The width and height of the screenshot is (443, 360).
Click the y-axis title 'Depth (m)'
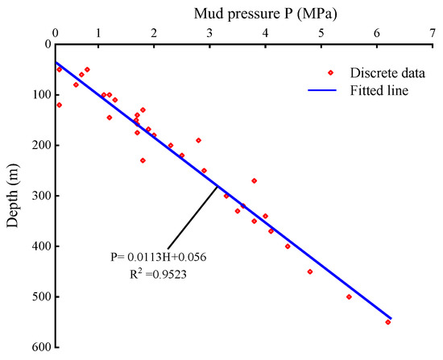tap(14, 196)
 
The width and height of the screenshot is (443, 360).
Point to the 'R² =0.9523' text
tap(156, 274)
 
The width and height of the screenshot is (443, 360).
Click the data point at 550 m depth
tap(387, 322)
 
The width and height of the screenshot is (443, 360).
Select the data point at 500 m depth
tap(349, 296)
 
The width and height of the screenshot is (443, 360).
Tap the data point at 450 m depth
tap(310, 271)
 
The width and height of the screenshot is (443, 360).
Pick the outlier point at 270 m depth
tap(255, 180)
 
